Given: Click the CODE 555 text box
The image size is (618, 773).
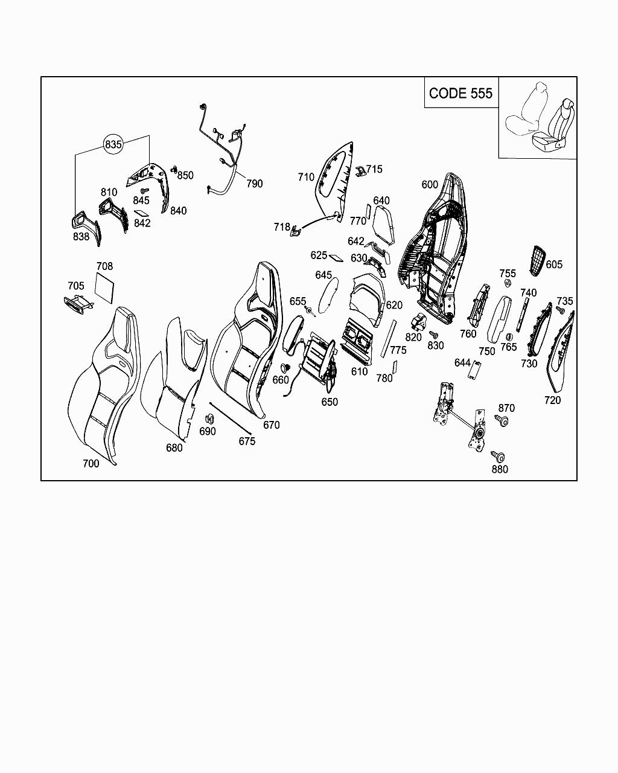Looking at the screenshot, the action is pos(461,93).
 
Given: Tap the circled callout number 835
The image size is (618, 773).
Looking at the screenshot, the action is pos(113,144).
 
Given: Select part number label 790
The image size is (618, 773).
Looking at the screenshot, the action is pos(255,184).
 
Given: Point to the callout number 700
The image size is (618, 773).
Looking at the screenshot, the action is pos(91,463).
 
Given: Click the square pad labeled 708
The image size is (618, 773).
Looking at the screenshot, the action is pos(105,287).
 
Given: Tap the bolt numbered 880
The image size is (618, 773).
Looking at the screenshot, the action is pos(498,457).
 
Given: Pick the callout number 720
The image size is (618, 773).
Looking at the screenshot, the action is pos(552,400).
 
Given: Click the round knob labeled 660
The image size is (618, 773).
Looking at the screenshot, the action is pos(286,368).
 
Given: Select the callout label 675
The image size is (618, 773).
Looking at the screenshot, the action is pos(247,441).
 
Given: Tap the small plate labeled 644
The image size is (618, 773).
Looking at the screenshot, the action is pos(475,370).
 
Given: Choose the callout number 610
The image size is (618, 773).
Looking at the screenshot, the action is pos(360,371).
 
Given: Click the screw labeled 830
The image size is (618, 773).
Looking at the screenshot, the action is pos(433,334).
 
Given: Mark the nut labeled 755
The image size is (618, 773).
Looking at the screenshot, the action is pos(508,285).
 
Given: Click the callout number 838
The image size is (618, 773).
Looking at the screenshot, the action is pos(81,237).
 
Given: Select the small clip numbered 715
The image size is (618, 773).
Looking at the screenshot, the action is pos(360,172).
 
